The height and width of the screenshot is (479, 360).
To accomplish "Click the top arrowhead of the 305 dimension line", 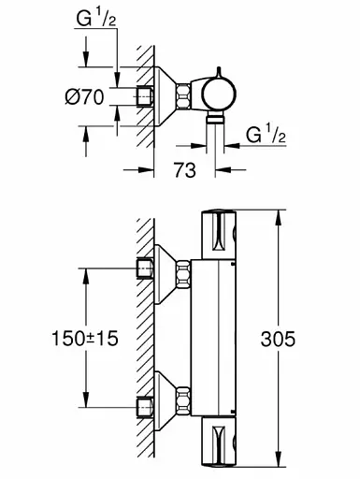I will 280,218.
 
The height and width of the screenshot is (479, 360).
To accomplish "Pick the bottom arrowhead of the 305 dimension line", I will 280,459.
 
